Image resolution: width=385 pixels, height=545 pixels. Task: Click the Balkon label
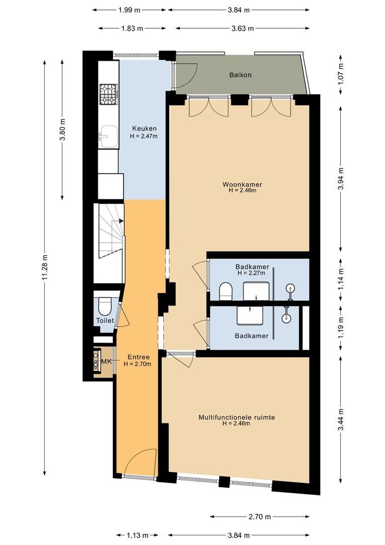[x=240, y=75]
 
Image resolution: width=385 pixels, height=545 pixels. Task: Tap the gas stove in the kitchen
[x=109, y=94]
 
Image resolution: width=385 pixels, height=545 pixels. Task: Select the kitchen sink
[x=108, y=137]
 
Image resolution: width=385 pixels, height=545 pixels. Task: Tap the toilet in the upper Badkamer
[x=226, y=291]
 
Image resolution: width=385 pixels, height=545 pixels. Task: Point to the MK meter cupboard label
[x=106, y=361]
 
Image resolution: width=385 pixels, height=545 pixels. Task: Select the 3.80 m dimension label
[x=62, y=129]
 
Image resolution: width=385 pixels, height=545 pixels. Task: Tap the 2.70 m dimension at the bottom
[x=260, y=517]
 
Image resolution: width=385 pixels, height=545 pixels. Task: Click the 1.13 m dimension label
[x=137, y=535]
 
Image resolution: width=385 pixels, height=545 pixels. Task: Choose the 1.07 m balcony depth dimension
[x=341, y=74]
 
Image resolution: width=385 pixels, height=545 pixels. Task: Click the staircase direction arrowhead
[x=121, y=221]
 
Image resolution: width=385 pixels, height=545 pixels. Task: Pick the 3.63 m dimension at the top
[x=243, y=28]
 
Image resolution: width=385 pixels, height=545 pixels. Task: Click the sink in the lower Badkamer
[x=249, y=315]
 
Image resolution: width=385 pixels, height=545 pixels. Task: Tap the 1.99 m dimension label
[x=129, y=10]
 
